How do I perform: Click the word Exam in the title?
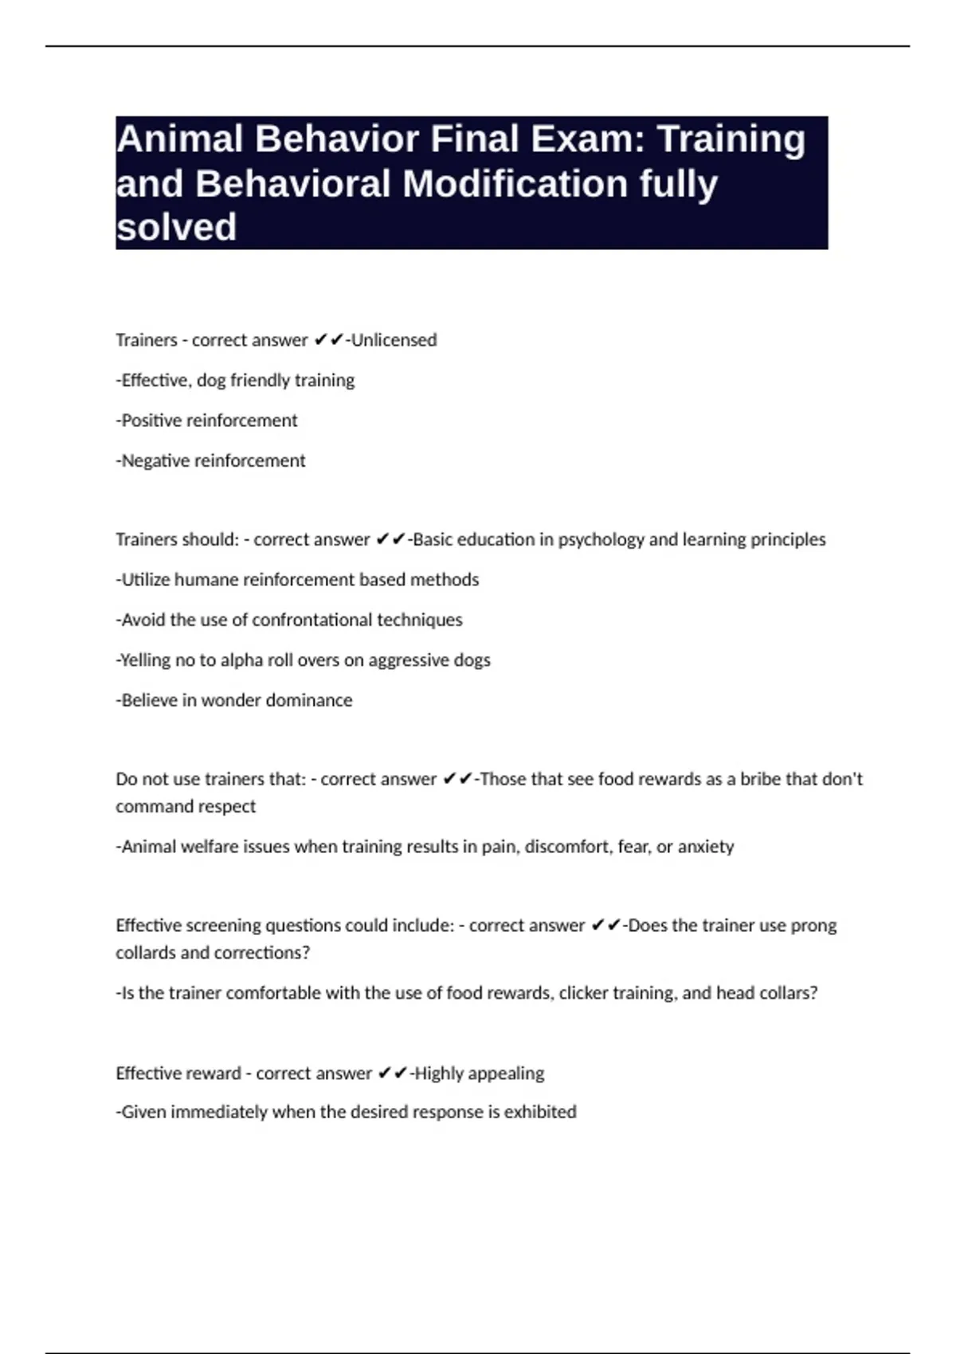pyautogui.click(x=579, y=139)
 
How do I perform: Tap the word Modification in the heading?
pyautogui.click(x=515, y=184)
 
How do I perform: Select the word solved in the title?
pyautogui.click(x=176, y=228)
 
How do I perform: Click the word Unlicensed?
pyautogui.click(x=394, y=340)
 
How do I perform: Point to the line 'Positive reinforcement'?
pyautogui.click(x=206, y=421)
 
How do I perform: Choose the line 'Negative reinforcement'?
pyautogui.click(x=210, y=461)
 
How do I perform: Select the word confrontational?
pyautogui.click(x=311, y=620)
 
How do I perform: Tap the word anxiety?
pyautogui.click(x=705, y=847)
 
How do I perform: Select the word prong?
pyautogui.click(x=813, y=926)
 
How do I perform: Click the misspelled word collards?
pyautogui.click(x=146, y=953)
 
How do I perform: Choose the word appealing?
pyautogui.click(x=506, y=1074)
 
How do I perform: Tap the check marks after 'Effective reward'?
pyautogui.click(x=392, y=1074)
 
